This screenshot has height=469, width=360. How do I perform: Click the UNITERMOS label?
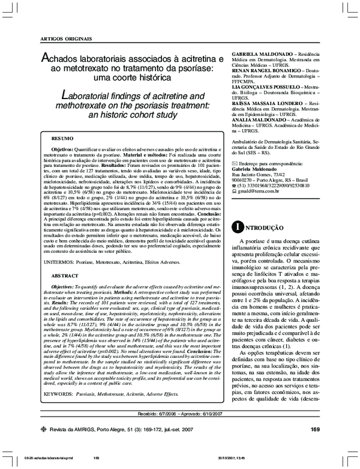coord(59,262)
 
